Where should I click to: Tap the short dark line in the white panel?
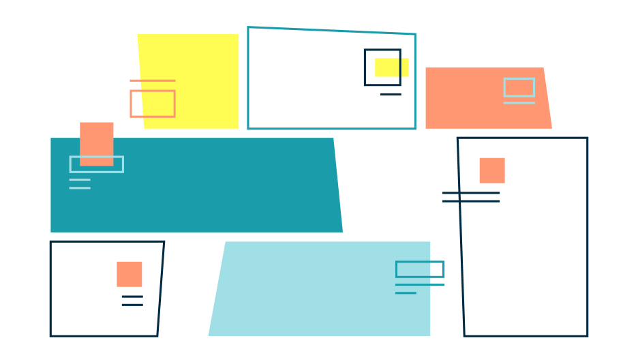391,94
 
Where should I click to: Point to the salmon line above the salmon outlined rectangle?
152,80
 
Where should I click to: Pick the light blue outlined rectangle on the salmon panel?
519,87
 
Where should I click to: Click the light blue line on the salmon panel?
519,103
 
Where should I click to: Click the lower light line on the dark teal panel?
80,188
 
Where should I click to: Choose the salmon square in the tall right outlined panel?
492,170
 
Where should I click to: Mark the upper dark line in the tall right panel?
471,193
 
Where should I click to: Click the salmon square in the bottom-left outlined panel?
130,274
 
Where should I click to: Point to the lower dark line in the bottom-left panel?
132,305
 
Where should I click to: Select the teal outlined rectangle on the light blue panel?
420,269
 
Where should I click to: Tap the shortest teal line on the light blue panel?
406,293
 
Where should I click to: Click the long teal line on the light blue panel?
420,285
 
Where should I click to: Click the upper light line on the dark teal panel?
80,180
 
